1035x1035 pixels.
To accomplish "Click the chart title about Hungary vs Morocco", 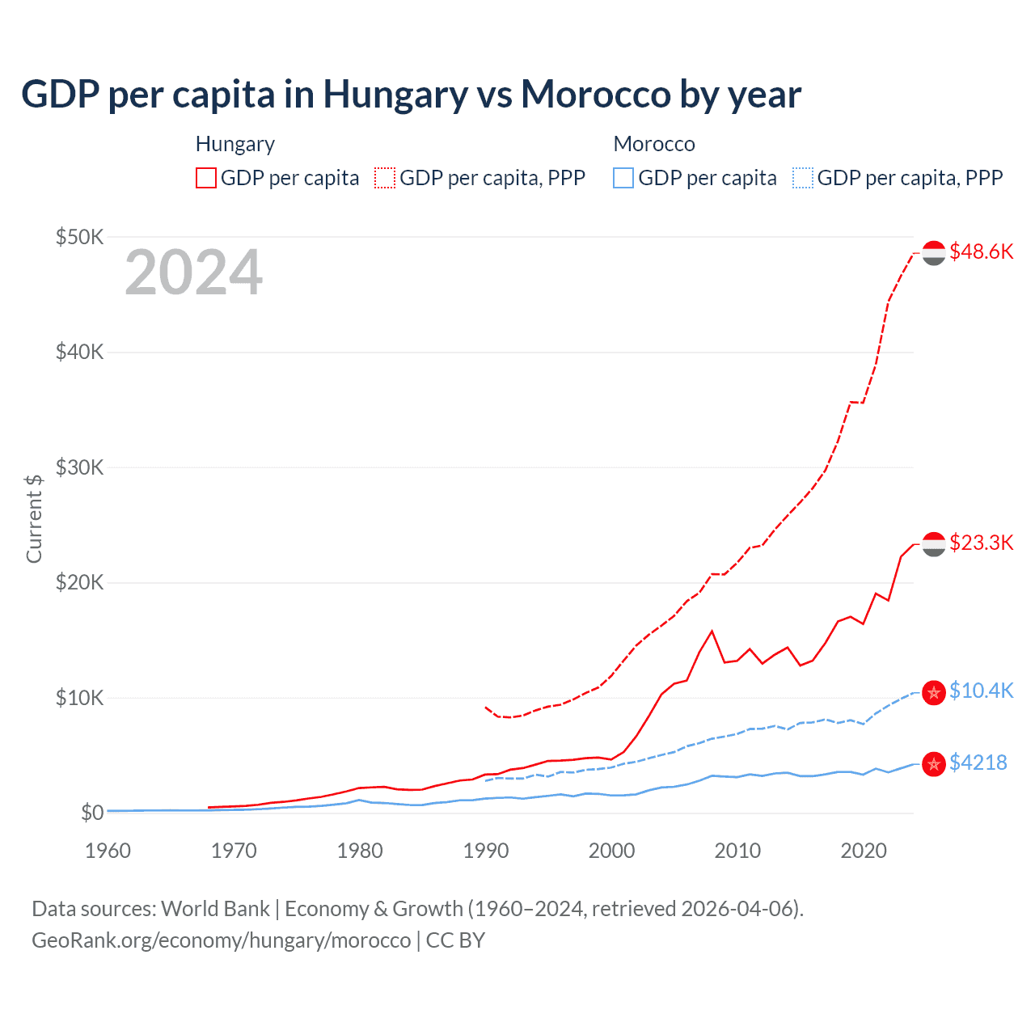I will [x=411, y=95].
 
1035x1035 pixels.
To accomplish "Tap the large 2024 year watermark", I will [x=193, y=272].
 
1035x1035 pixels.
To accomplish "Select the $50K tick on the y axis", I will [x=79, y=237].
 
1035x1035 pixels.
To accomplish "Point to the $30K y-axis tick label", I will [x=79, y=467].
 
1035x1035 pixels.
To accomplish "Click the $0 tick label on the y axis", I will [x=92, y=813].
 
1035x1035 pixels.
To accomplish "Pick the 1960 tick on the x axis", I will [x=108, y=851].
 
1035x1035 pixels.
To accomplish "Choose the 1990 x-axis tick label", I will [x=485, y=851].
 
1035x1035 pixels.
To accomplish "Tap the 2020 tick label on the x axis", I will [x=864, y=851].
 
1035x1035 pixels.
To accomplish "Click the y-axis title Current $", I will [x=34, y=518].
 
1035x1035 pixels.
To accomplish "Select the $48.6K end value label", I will [x=981, y=252].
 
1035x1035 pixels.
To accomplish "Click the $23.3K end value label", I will [x=981, y=543].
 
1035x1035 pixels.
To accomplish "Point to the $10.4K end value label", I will [x=981, y=691].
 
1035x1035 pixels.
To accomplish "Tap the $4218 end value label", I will [x=978, y=763].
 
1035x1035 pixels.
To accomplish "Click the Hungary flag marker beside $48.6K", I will [x=934, y=253].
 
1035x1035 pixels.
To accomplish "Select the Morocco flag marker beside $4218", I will [x=934, y=763].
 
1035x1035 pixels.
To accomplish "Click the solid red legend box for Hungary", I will [x=206, y=178].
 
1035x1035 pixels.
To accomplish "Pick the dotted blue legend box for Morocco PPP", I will [x=803, y=178].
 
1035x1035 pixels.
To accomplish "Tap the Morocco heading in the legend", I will [x=654, y=144].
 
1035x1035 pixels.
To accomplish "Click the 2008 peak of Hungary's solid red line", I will [x=712, y=631].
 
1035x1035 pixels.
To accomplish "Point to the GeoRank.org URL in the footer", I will [x=221, y=940].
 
